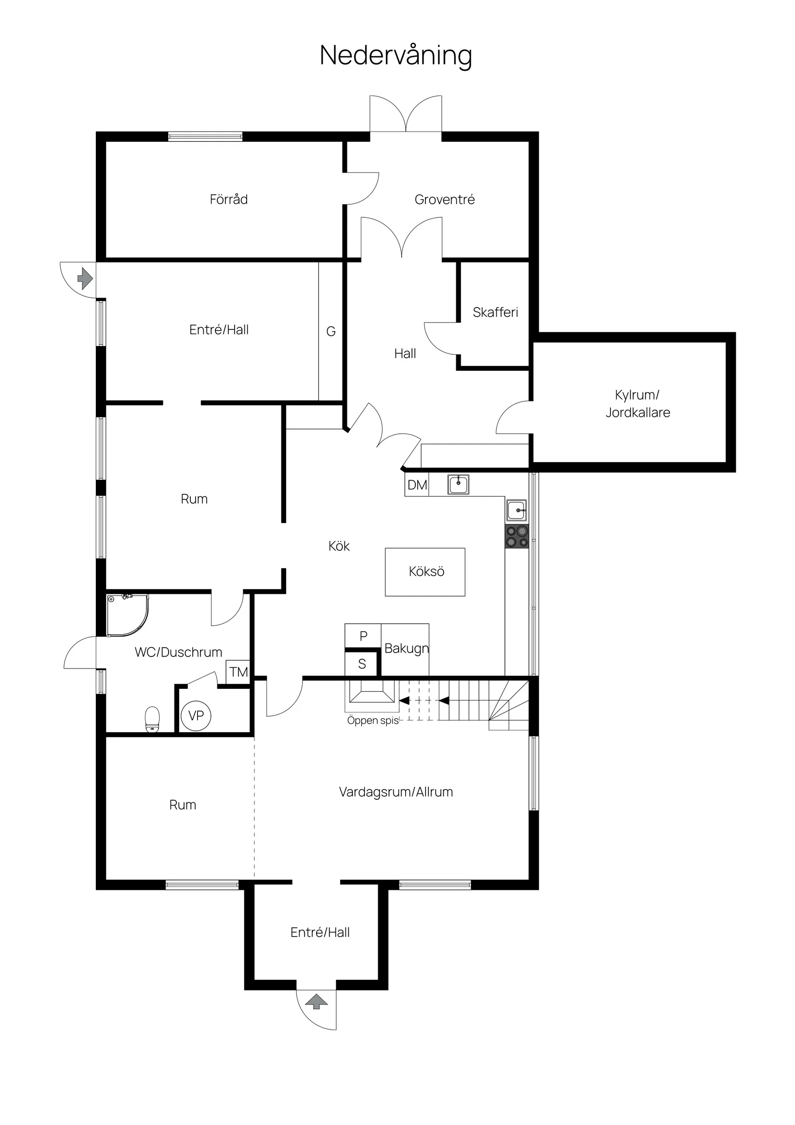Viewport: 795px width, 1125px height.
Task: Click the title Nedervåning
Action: (x=396, y=55)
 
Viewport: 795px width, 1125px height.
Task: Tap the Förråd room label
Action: (x=229, y=199)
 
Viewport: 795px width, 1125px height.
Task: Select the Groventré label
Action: (x=444, y=200)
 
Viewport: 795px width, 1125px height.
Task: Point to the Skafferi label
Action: (x=495, y=312)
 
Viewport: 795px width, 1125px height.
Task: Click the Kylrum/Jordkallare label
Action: (x=638, y=403)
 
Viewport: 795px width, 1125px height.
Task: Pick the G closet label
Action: (x=331, y=332)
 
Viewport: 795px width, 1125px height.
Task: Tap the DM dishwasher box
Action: (x=417, y=484)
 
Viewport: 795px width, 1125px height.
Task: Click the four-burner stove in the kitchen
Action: (x=517, y=536)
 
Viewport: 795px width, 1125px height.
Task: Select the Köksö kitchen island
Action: (x=425, y=572)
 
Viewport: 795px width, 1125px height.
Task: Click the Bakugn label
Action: (x=407, y=648)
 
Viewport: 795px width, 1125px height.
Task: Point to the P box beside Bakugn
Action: (x=363, y=635)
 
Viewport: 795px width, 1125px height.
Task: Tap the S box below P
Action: (x=362, y=664)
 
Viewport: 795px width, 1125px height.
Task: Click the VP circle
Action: (x=196, y=716)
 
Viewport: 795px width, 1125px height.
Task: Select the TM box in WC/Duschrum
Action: (x=238, y=672)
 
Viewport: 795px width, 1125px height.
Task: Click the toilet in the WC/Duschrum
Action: (x=152, y=719)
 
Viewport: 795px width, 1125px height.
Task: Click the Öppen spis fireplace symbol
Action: (x=372, y=696)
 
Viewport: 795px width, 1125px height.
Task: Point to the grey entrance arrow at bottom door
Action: (x=317, y=1001)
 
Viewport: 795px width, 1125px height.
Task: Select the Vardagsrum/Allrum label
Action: (x=396, y=792)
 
